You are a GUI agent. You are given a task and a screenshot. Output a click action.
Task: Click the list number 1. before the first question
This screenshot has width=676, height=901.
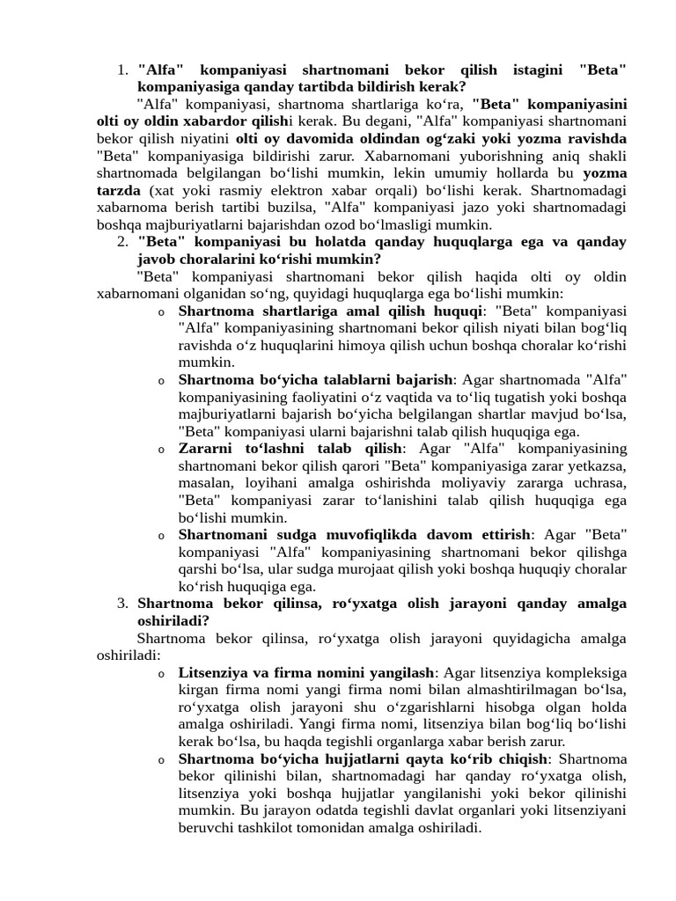123,70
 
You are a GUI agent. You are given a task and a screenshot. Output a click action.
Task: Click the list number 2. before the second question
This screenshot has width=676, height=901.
123,242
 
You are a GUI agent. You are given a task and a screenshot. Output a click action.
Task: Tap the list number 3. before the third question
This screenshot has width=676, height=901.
123,604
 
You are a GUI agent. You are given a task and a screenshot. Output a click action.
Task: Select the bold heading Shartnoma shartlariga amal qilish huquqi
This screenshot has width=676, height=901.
330,311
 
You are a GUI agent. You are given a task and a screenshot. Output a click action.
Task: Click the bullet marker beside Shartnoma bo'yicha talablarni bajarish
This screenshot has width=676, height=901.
161,381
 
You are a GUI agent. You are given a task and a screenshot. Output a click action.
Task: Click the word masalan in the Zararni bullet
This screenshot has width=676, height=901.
206,484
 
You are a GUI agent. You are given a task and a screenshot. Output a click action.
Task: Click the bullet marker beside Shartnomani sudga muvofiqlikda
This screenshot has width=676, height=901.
161,536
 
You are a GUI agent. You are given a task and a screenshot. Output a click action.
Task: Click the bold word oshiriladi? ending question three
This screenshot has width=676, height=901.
173,621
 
